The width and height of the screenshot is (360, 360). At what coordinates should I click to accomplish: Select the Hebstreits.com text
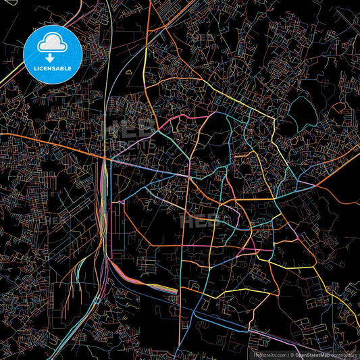(x=269, y=354)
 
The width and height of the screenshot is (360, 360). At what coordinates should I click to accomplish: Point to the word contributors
(x=345, y=354)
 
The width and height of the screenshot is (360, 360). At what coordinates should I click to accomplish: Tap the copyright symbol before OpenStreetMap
(x=294, y=354)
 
